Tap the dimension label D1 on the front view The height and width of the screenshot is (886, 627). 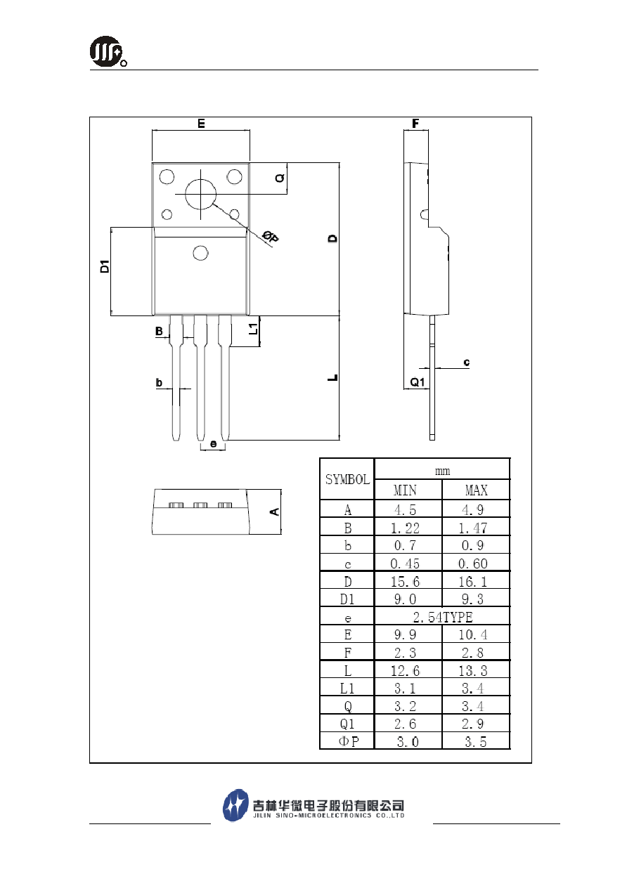(105, 266)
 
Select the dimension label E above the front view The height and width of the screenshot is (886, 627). (201, 124)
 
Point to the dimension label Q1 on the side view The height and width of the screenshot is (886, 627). (418, 382)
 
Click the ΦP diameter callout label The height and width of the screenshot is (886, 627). (271, 236)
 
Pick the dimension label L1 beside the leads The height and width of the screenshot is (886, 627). (253, 329)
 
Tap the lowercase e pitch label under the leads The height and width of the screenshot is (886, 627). (213, 444)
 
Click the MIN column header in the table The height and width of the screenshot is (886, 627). (405, 490)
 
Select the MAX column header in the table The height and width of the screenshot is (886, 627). (477, 490)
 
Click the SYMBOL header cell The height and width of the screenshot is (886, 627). (347, 479)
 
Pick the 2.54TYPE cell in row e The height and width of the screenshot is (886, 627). (443, 618)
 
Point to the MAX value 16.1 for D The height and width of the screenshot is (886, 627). (473, 582)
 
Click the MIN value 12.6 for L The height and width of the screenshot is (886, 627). (405, 671)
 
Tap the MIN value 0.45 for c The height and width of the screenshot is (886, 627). (405, 563)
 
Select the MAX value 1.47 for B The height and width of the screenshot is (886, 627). (473, 528)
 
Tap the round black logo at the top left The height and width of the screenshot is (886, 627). (106, 51)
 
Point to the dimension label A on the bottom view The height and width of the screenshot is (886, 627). (275, 512)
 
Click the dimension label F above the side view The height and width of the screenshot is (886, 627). (415, 124)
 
